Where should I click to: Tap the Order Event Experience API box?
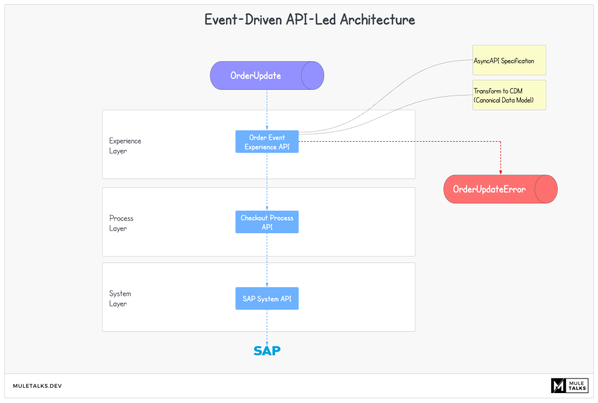[x=267, y=142]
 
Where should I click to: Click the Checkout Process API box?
[x=267, y=222]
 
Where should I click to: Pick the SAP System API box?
[x=267, y=299]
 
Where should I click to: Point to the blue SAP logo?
[x=267, y=351]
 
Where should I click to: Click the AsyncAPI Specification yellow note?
[x=509, y=60]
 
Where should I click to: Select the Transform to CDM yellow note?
[x=509, y=95]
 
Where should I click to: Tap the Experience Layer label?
[x=125, y=146]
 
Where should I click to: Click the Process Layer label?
[x=121, y=223]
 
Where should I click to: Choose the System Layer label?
[x=120, y=299]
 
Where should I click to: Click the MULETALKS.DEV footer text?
[x=37, y=386]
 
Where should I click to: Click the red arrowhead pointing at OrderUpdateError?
[x=500, y=171]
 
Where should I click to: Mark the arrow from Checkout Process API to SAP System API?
[x=267, y=260]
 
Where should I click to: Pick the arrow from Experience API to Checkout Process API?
[x=267, y=181]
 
